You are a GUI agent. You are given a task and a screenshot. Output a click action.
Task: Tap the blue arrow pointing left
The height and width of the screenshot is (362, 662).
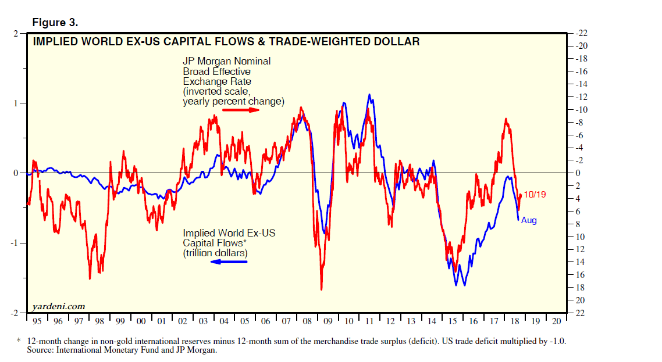coord(228,262)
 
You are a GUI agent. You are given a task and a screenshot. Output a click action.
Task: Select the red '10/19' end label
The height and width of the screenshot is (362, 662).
coord(535,195)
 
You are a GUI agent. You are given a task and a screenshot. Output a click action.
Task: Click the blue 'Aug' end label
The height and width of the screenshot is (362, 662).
coord(529,220)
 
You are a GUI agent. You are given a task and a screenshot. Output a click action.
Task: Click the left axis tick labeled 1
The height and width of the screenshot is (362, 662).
coord(17,103)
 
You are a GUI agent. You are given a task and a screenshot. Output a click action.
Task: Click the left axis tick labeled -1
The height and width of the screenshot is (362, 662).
coord(15,243)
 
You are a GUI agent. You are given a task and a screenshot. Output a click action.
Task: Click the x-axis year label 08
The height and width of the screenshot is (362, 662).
coord(307,321)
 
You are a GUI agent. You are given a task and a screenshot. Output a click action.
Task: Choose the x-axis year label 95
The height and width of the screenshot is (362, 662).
coord(37,321)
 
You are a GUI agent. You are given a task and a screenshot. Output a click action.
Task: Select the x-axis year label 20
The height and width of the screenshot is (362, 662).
coord(557,321)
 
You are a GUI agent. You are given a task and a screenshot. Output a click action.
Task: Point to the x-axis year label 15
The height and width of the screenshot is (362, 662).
coord(453,321)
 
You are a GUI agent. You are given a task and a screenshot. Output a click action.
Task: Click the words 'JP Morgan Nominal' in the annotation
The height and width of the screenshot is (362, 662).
coord(227,61)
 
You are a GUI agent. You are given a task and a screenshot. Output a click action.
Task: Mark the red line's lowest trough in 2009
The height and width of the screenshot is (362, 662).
coord(321,289)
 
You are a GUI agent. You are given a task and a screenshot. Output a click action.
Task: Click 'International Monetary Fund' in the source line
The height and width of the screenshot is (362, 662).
coord(110,350)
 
